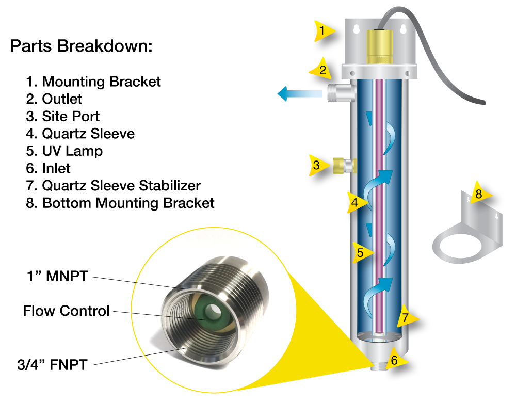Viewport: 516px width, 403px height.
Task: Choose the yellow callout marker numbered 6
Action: pyautogui.click(x=395, y=360)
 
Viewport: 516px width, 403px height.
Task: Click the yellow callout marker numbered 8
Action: pyautogui.click(x=479, y=194)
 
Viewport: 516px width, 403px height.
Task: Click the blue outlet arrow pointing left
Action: pyautogui.click(x=299, y=94)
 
